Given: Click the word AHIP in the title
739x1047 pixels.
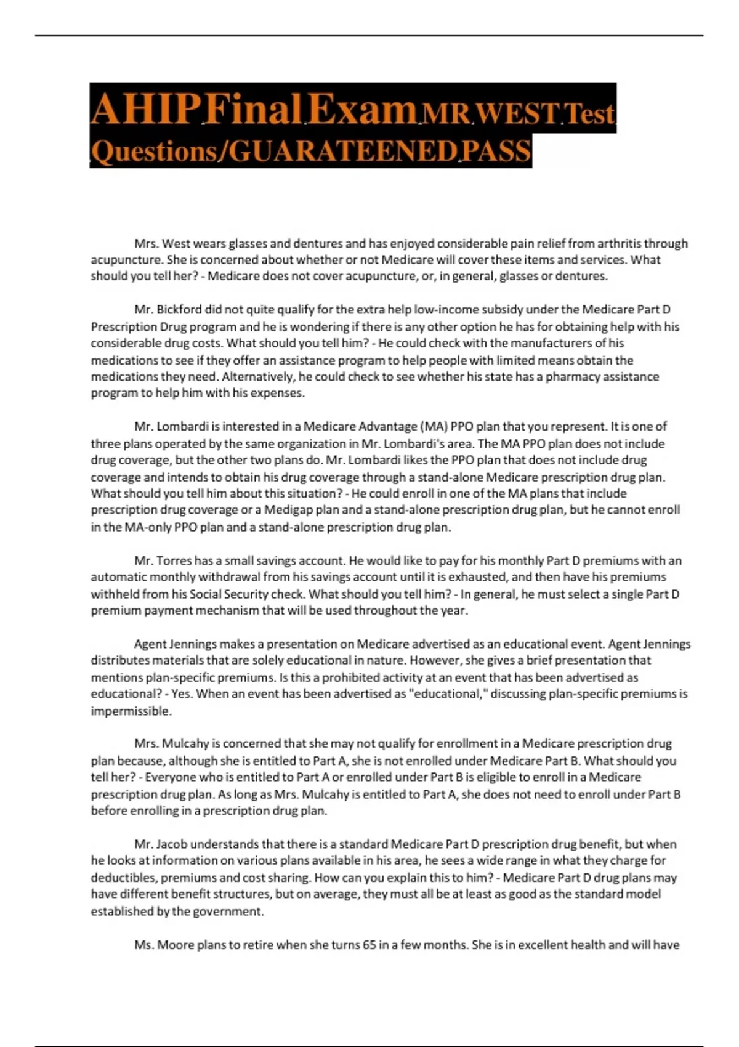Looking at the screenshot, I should (146, 110).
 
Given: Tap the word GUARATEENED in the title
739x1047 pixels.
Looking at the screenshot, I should (342, 152).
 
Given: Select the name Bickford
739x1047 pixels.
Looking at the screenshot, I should (179, 310).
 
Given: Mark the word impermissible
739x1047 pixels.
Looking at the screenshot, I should (131, 711).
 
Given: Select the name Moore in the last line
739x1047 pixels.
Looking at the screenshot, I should (176, 945).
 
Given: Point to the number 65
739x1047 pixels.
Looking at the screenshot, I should (369, 945).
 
